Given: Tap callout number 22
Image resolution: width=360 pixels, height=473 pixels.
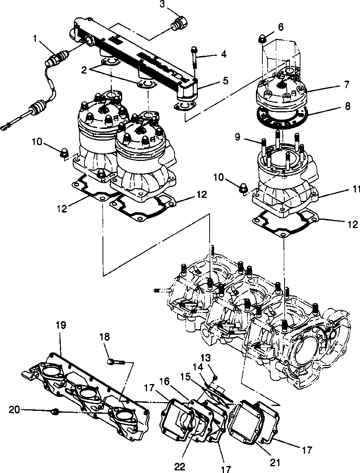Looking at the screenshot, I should click(180, 467).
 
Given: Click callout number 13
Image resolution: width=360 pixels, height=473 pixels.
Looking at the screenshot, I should click(208, 357).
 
